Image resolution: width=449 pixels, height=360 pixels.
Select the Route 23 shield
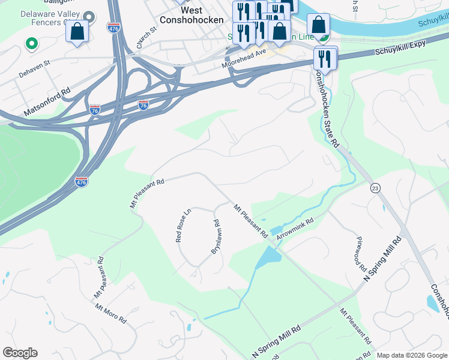375,188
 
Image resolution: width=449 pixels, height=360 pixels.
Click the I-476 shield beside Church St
113,27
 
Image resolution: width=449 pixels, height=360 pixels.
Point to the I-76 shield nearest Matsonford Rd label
94,110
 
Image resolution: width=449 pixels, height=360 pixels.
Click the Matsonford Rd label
47,104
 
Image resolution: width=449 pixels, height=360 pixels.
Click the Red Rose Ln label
182,225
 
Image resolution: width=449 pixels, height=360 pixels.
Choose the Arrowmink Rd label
295,230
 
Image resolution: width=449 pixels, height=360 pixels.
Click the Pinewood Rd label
360,252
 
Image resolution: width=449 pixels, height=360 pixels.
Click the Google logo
20,353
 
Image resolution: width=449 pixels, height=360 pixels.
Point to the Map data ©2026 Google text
411,355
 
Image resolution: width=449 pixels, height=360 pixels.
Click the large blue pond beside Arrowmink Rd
268,258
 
